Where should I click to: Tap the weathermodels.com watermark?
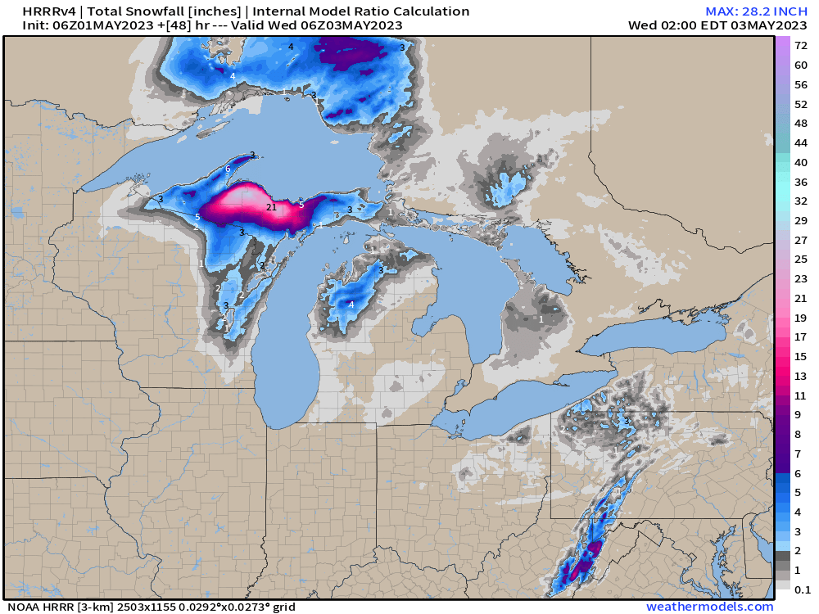click(709, 607)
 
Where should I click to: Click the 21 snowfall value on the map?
click(272, 208)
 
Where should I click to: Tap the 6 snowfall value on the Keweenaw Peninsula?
click(228, 169)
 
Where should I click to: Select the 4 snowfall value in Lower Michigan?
click(351, 305)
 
